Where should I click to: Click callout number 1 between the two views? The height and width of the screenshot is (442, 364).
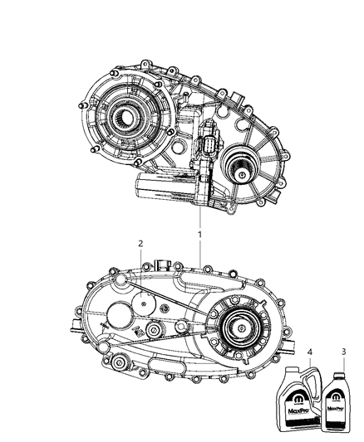(199, 235)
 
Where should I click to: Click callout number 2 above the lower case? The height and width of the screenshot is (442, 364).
(141, 243)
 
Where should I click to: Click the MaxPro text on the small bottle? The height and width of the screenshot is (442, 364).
(336, 410)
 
